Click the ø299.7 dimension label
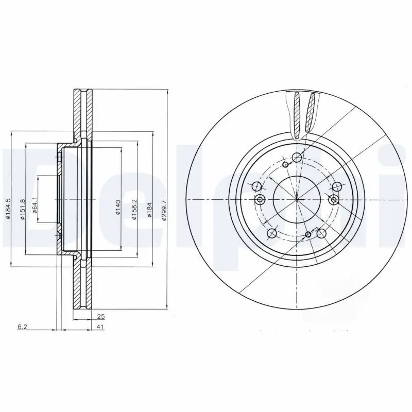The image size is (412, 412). pos(163,211)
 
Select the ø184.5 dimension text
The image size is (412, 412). pos(8,209)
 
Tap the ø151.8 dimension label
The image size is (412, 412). pos(22,209)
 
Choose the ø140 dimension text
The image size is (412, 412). pos(117,207)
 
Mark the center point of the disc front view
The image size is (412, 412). pos(297,199)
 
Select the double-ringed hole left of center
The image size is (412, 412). pos(260,199)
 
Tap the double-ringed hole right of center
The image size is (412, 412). pos(334,199)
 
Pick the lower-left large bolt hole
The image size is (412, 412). pos(273,233)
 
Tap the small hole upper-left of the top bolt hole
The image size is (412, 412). pos(286,164)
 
